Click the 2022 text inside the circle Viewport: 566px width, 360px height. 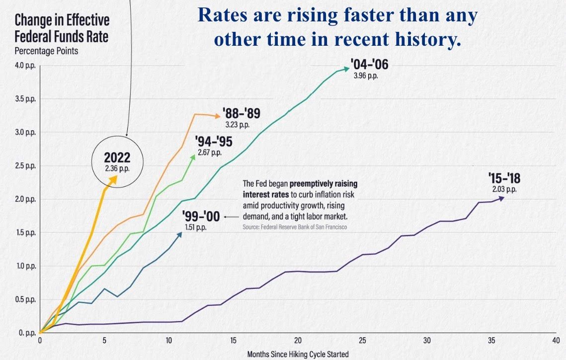[117, 158]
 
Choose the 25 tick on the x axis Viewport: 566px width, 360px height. [363, 341]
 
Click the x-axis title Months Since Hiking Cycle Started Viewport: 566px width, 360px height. [298, 355]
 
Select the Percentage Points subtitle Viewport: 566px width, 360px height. [46, 51]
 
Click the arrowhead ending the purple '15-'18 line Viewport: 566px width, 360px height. [502, 198]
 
